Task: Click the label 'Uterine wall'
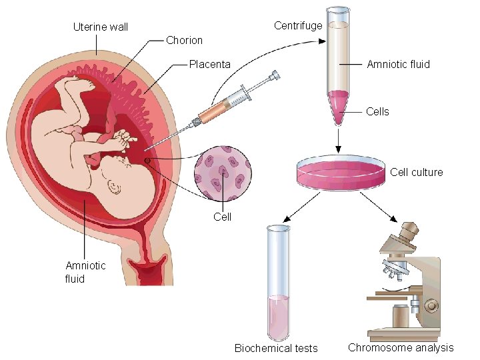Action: coord(100,27)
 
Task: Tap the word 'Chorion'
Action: coord(184,40)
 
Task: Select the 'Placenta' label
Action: coord(209,64)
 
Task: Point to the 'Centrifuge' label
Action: coord(298,25)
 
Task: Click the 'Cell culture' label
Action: coord(416,172)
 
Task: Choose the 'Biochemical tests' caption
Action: coord(276,348)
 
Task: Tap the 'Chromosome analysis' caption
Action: coord(401,347)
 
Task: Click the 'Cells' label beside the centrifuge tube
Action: coord(377,111)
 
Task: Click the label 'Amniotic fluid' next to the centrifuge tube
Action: coord(398,64)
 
